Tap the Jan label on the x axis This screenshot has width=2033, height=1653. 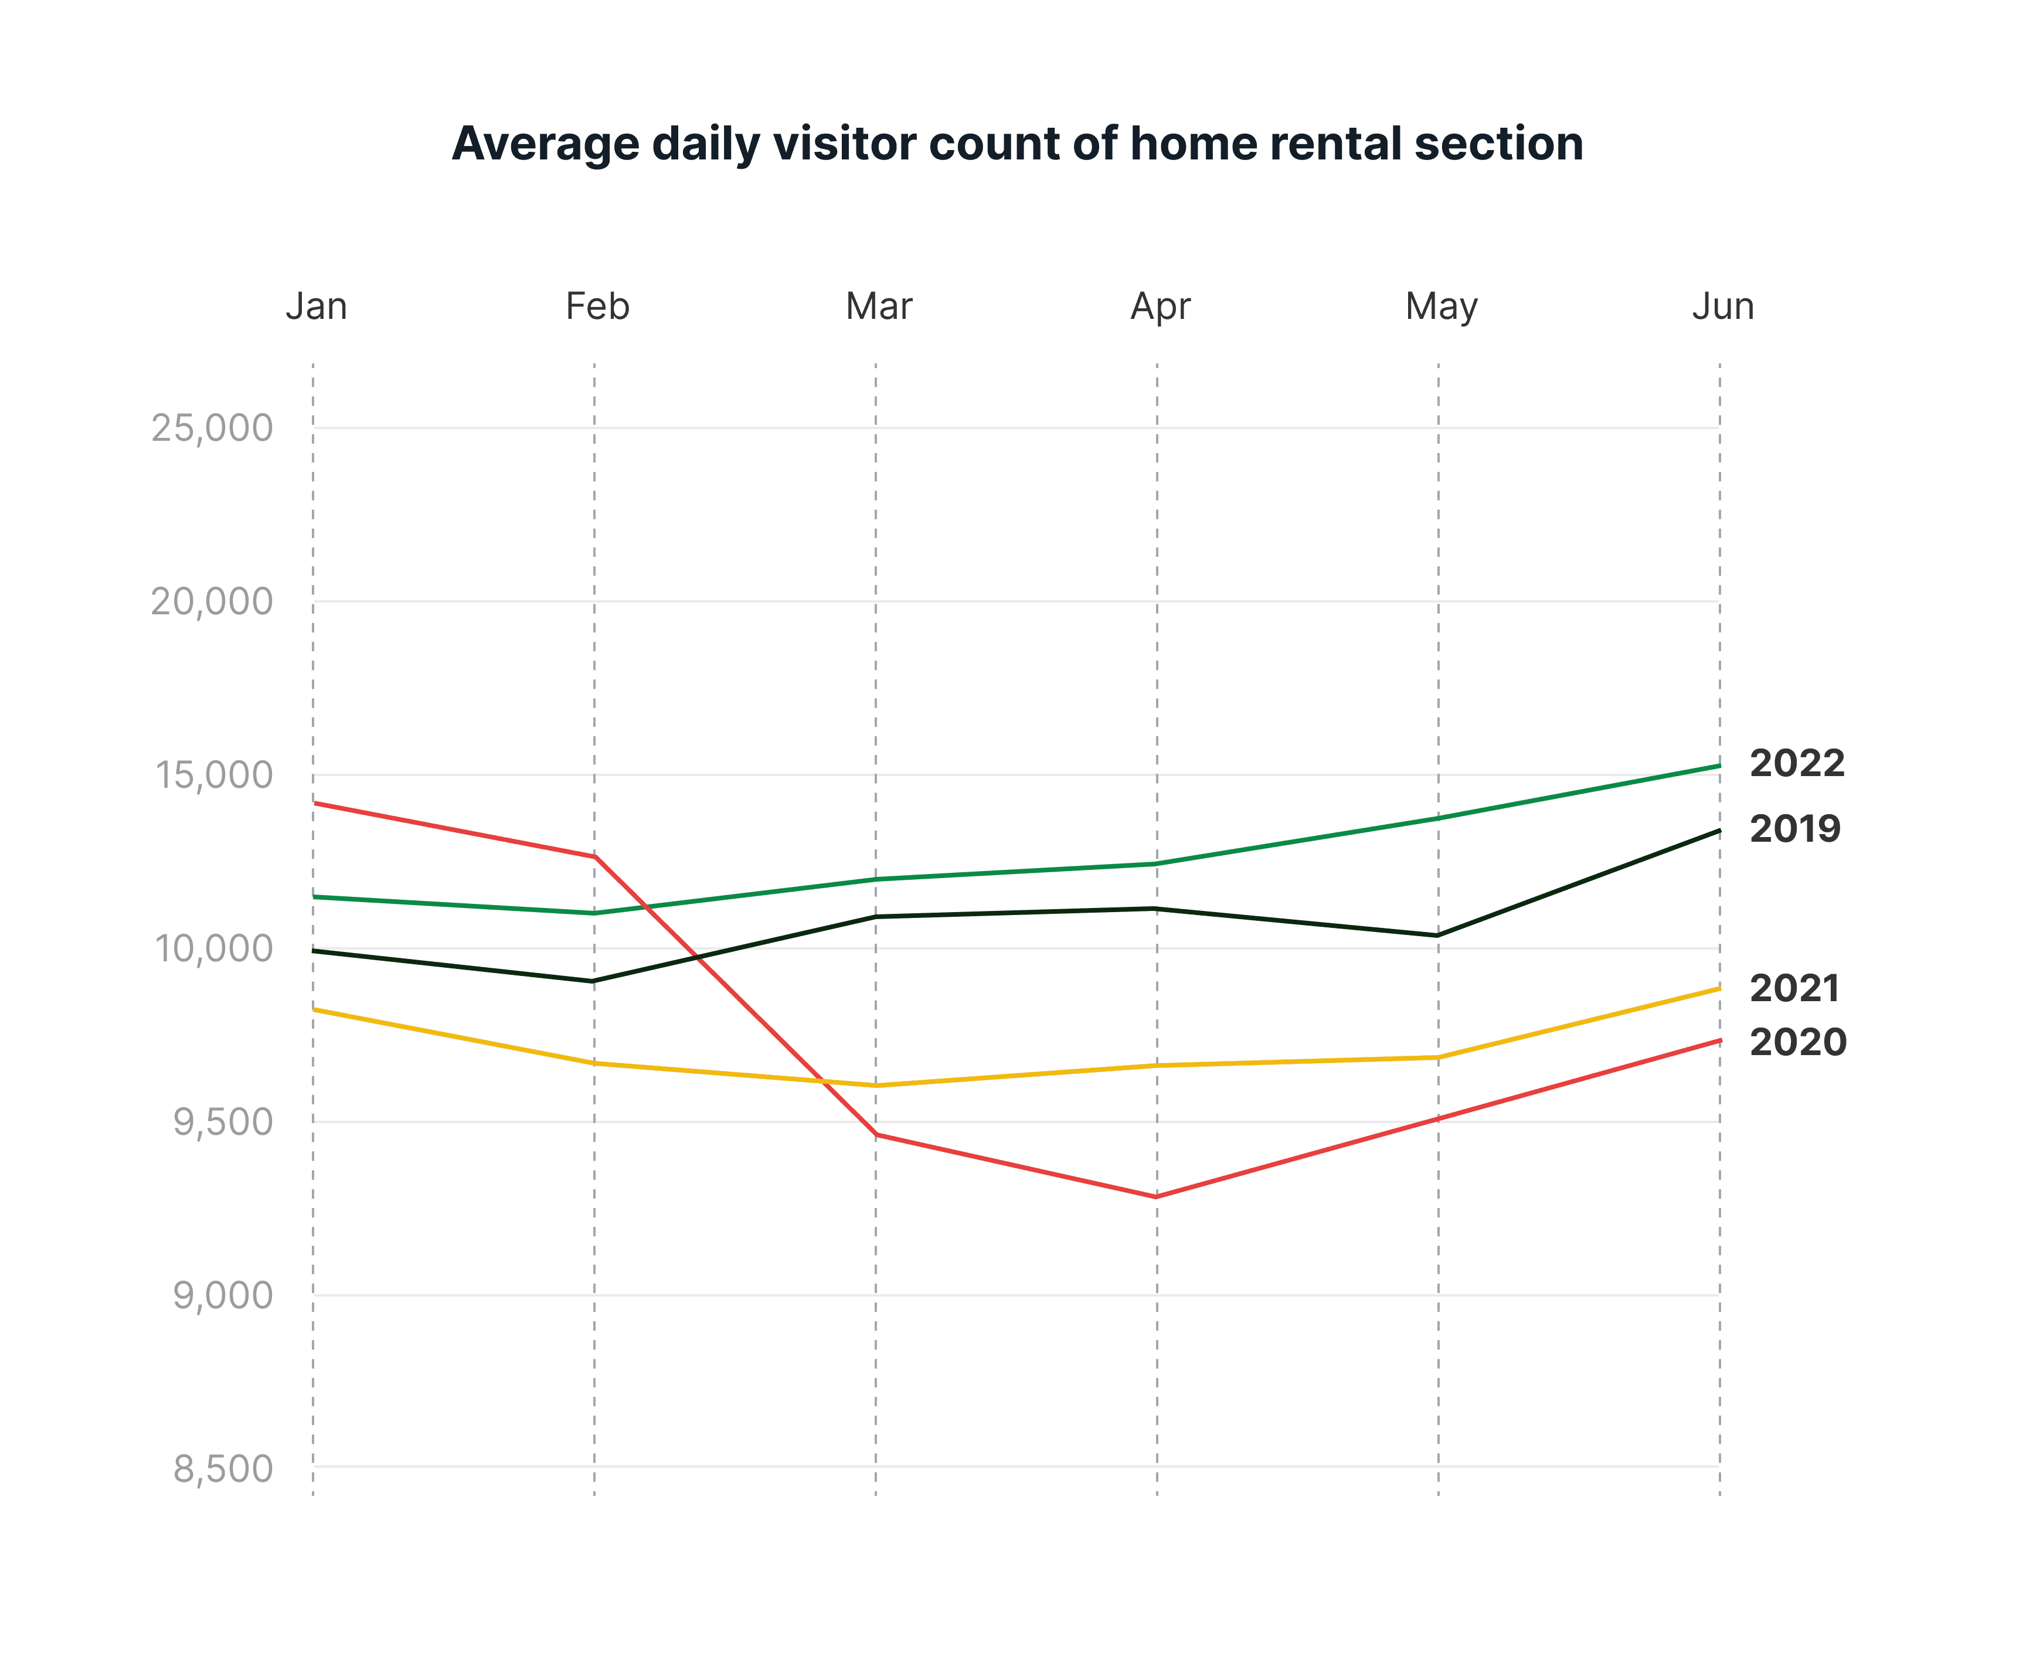click(316, 307)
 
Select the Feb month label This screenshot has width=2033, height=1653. click(597, 307)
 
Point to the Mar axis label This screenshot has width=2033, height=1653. click(879, 307)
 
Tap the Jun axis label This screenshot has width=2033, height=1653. click(1722, 307)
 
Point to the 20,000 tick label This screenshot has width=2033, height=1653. click(212, 602)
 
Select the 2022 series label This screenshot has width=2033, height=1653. click(1797, 764)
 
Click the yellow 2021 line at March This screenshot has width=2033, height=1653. click(876, 1086)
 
